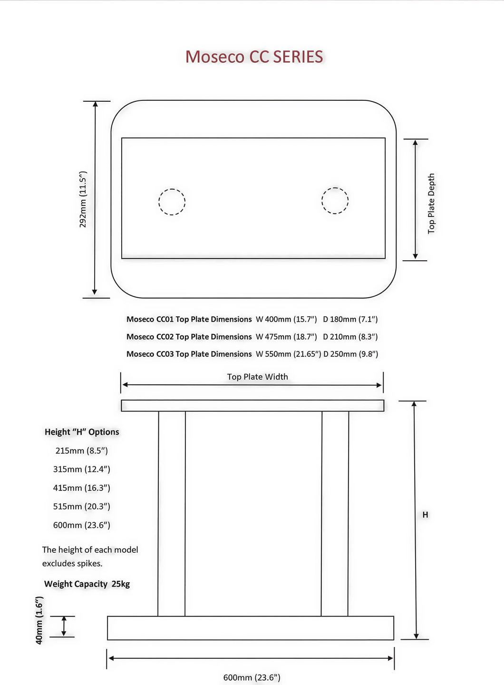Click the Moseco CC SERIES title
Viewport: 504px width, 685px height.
[254, 57]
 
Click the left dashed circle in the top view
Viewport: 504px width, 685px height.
[159, 202]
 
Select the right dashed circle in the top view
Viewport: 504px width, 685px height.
[322, 201]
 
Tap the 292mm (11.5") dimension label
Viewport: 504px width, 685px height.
[83, 199]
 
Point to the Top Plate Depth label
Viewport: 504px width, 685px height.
[431, 204]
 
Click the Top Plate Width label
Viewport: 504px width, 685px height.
[257, 377]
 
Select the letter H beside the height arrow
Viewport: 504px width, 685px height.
[425, 515]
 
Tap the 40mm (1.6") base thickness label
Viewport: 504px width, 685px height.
[39, 620]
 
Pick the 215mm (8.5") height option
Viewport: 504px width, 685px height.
[82, 450]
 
